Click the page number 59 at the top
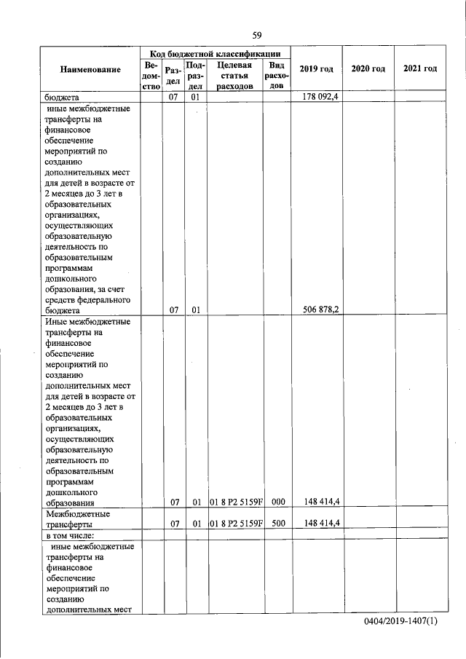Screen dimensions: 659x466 (x=257, y=35)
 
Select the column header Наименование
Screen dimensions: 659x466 (x=90, y=69)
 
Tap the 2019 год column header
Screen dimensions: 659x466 (x=316, y=69)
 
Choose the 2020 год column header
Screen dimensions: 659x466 (x=368, y=69)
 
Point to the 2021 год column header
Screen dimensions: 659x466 (x=419, y=69)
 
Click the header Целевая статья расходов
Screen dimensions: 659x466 (x=234, y=75)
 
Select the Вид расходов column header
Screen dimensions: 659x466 (x=276, y=75)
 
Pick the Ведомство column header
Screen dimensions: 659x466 (x=151, y=75)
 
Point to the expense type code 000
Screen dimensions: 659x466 (x=277, y=502)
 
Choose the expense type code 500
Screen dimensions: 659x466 (x=277, y=524)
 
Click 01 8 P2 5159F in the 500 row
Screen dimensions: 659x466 (x=235, y=524)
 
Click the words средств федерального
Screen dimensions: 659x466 (x=87, y=299)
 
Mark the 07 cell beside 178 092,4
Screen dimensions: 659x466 (x=174, y=95)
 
